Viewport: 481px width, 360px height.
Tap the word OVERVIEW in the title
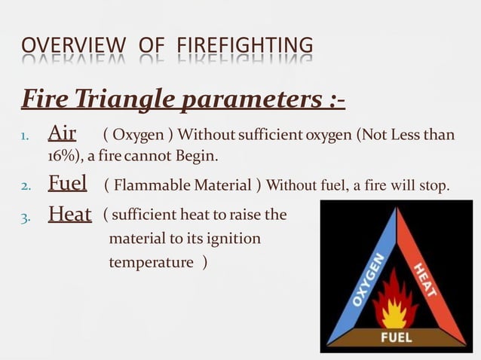(x=75, y=46)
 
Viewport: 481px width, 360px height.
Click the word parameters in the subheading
(x=256, y=99)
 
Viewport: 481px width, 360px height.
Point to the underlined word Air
(x=62, y=134)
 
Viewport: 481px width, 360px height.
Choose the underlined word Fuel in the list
(x=67, y=183)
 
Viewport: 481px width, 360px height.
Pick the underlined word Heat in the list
(x=69, y=215)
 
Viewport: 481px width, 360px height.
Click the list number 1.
(x=24, y=136)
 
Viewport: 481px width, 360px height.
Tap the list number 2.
(x=25, y=185)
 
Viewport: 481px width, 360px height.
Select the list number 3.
(x=25, y=217)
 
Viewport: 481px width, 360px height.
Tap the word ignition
(x=231, y=239)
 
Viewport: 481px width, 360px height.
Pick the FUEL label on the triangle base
(x=396, y=337)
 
